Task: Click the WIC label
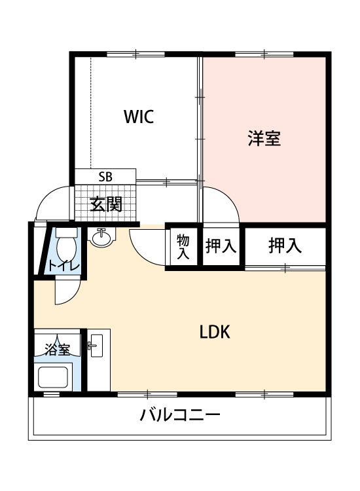pos(139,117)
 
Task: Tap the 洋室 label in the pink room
pos(264,139)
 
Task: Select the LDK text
pos(215,332)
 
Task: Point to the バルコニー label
pos(179,415)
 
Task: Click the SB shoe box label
pos(105,176)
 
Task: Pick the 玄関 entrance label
pos(105,204)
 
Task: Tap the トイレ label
pos(63,266)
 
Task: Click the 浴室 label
pos(57,349)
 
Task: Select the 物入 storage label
pos(183,247)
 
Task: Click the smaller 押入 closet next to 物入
pos(221,247)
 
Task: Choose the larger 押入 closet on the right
pos(285,246)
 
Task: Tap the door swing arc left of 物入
pos(147,246)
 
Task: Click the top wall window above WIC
pos(134,54)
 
